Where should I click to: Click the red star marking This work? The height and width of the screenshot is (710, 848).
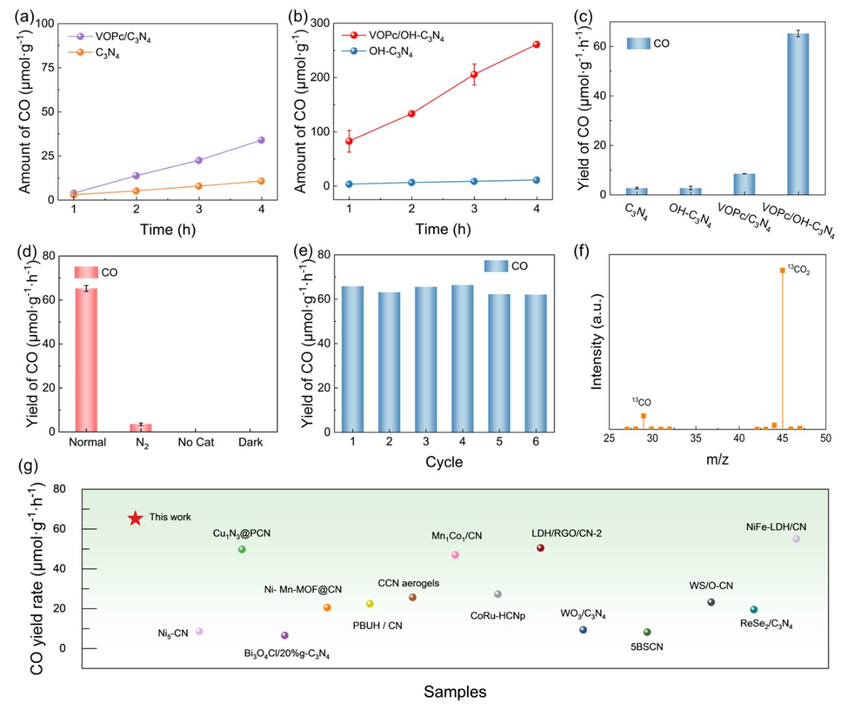136,518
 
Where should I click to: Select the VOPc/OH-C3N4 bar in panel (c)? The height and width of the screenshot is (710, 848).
798,114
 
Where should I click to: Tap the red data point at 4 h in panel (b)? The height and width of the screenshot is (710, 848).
537,45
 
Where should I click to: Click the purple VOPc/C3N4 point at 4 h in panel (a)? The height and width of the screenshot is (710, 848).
261,140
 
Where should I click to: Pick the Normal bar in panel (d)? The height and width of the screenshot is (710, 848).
86,360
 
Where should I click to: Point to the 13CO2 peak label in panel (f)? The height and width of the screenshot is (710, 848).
799,270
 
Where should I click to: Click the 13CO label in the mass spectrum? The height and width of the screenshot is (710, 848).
642,402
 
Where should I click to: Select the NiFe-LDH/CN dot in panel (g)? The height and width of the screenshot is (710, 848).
796,539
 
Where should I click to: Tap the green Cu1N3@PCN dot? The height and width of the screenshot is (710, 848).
242,550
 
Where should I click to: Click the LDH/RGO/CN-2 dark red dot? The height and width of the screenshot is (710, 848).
541,548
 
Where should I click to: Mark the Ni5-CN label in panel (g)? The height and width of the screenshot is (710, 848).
173,633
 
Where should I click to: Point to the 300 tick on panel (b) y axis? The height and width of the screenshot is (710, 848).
320,23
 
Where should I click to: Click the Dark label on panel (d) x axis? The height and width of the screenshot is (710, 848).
251,442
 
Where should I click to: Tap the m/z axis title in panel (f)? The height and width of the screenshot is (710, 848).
717,460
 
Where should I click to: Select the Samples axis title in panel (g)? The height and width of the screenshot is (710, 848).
455,692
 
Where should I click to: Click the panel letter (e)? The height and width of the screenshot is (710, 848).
303,250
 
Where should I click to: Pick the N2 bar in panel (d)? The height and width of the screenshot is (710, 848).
141,427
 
